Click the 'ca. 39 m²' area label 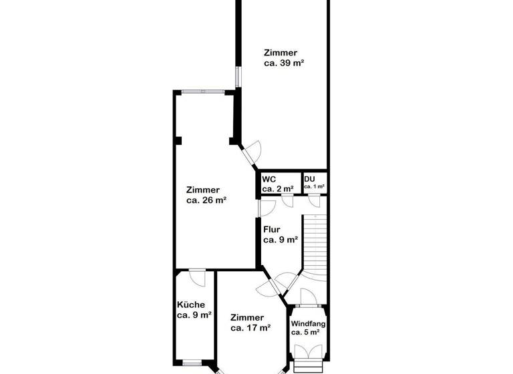click(x=284, y=64)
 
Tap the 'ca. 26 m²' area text click(x=206, y=200)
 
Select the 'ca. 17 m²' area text click(x=250, y=328)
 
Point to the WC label click(x=269, y=179)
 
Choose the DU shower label click(x=310, y=179)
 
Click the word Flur click(x=273, y=229)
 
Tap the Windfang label click(x=308, y=323)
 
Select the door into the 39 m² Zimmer click(x=252, y=153)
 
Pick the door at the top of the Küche click(x=197, y=275)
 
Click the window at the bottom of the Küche click(x=192, y=363)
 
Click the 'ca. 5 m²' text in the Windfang click(x=305, y=332)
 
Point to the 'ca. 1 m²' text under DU click(x=314, y=187)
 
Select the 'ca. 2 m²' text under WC click(x=277, y=189)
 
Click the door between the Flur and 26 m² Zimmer click(x=264, y=207)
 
